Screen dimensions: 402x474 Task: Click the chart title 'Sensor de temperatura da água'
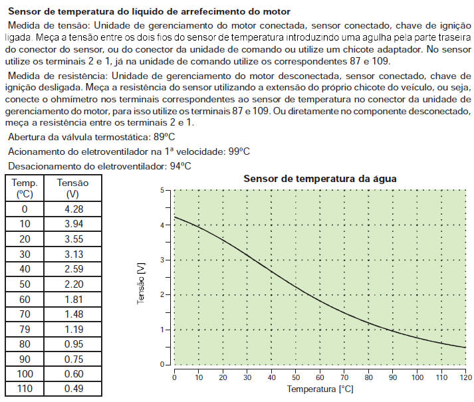pos(320,178)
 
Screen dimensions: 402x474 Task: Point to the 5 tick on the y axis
pos(162,191)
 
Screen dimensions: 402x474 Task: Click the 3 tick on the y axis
pos(162,260)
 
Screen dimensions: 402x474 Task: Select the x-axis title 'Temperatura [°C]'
pos(320,387)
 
